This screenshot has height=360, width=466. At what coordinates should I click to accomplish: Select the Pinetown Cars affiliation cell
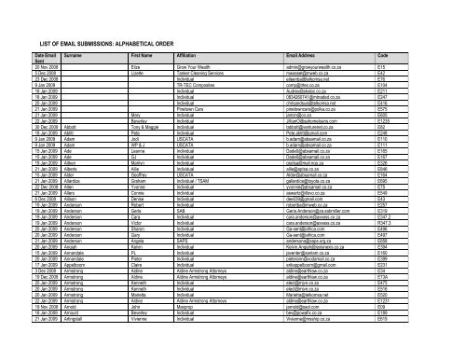click(x=211, y=126)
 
